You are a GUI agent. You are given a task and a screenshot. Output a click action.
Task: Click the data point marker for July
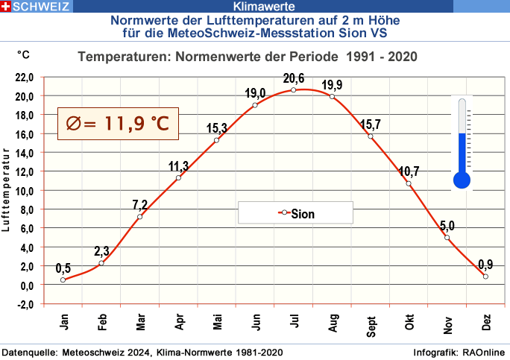coord(293,90)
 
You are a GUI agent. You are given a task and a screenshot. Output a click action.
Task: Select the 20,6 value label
coord(294,78)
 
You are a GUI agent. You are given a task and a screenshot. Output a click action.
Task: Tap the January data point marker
coord(63,280)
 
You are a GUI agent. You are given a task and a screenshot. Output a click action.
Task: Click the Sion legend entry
coord(296,213)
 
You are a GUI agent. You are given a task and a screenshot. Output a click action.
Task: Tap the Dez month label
coord(486,323)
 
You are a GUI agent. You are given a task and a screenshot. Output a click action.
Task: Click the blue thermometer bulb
coord(462,179)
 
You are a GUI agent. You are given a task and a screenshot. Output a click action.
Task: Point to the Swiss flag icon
coord(6,6)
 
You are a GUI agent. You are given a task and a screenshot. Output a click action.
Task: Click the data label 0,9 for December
coord(485,264)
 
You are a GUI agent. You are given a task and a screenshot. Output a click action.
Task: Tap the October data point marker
coord(409,183)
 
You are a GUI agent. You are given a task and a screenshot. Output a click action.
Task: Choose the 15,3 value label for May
coord(216,128)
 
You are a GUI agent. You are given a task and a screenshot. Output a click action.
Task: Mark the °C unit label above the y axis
coord(24,54)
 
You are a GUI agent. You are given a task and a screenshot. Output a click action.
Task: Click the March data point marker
coord(139,216)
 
